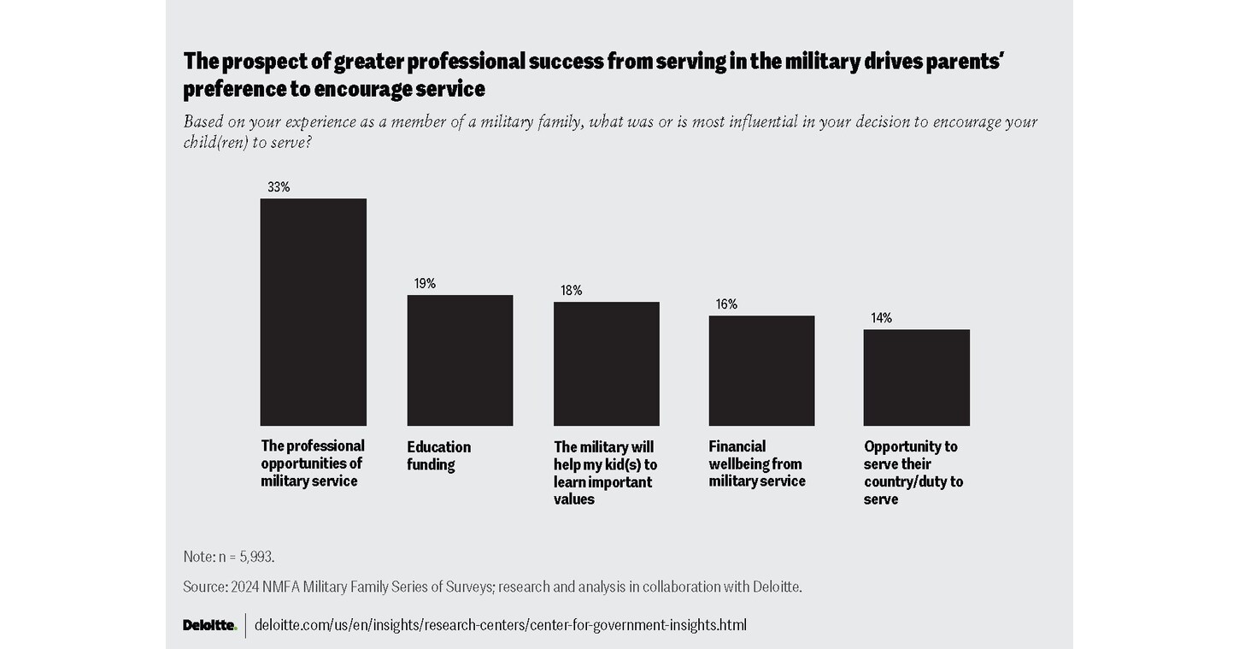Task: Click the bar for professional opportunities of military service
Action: [x=313, y=312]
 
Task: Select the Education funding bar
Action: [x=460, y=360]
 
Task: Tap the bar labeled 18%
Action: [x=606, y=363]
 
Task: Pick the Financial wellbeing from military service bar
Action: [x=761, y=370]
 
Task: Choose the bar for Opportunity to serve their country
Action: [x=916, y=377]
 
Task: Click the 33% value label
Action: [x=279, y=187]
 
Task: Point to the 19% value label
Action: [x=425, y=284]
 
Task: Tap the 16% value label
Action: [x=727, y=304]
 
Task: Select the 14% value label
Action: [x=882, y=318]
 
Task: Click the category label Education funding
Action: [x=438, y=456]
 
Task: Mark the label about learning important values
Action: [x=605, y=473]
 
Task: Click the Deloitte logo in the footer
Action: [x=209, y=625]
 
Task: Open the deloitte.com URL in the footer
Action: [x=501, y=625]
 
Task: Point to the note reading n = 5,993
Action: [x=229, y=557]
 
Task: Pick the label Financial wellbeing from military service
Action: [x=757, y=463]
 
